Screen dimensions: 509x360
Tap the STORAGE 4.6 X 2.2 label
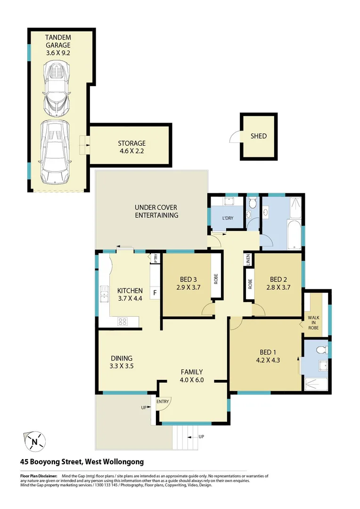coord(131,147)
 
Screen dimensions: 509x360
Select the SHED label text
coord(258,136)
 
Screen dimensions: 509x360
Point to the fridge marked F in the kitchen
coord(155,293)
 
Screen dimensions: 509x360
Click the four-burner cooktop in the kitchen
coord(123,321)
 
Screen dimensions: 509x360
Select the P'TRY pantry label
coord(155,258)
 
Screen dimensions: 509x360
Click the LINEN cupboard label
coord(248,260)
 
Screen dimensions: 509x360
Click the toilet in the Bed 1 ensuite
coord(322,350)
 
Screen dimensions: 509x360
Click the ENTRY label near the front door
coord(163,402)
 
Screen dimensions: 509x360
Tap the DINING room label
coord(122,358)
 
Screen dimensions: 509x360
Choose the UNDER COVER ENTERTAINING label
coord(156,211)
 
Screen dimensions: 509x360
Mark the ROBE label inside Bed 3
coord(216,279)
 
